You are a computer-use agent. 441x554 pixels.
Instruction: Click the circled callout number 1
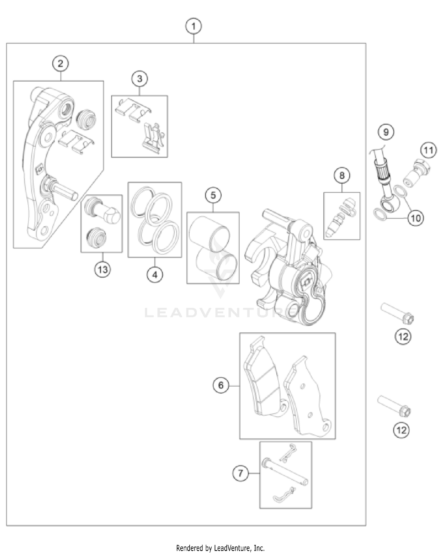click(193, 26)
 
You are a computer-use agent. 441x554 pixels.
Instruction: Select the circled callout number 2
click(61, 64)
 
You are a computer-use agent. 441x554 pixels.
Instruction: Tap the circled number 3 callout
click(140, 79)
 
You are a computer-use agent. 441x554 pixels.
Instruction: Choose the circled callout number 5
click(213, 195)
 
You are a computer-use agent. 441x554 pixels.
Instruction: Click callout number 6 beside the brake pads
click(221, 385)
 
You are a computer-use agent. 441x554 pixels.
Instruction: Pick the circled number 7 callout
click(240, 473)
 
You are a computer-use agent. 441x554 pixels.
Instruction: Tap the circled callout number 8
click(342, 176)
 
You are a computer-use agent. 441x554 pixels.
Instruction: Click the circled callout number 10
click(416, 218)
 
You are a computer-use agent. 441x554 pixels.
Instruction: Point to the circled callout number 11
click(428, 150)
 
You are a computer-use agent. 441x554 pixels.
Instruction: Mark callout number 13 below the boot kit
click(103, 269)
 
